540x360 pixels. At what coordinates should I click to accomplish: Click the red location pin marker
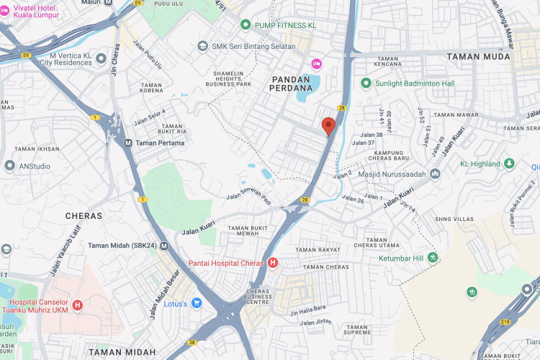tap(328, 126)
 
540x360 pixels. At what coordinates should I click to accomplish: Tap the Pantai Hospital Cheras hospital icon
tap(272, 264)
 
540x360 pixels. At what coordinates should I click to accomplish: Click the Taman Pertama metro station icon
tap(127, 143)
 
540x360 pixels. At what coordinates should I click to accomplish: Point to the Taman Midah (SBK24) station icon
tap(164, 246)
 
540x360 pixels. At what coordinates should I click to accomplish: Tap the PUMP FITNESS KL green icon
tap(246, 25)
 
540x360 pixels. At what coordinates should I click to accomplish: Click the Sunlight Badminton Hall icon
tap(366, 83)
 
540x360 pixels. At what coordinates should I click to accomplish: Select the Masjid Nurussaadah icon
tap(435, 174)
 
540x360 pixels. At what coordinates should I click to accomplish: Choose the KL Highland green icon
tap(509, 164)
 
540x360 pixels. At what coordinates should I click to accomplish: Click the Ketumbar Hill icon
tap(433, 258)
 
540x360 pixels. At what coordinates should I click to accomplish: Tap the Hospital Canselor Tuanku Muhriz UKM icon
tap(78, 305)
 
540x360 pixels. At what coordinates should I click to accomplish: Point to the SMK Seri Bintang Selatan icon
tap(203, 46)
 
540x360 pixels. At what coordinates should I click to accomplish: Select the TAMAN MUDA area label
tap(478, 56)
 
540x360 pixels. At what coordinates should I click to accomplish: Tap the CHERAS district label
tap(84, 215)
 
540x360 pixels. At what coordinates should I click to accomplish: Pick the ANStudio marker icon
tap(9, 166)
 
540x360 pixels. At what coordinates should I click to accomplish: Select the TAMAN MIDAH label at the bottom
tap(122, 352)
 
